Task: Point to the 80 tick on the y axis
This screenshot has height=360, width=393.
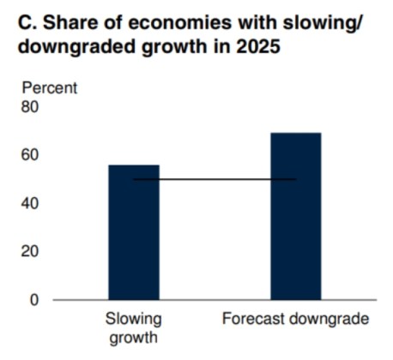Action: pyautogui.click(x=31, y=107)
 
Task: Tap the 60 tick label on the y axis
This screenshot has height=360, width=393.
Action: pyautogui.click(x=31, y=155)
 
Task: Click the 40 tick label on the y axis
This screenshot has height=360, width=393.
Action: pyautogui.click(x=31, y=204)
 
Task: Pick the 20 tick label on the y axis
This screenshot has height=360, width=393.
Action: pyautogui.click(x=31, y=252)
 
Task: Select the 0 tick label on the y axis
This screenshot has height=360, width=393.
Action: pyautogui.click(x=35, y=300)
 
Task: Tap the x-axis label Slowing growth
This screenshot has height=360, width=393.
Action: pyautogui.click(x=133, y=327)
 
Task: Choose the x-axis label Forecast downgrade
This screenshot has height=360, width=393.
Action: pyautogui.click(x=295, y=319)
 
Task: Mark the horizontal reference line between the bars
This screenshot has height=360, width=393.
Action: pyautogui.click(x=215, y=179)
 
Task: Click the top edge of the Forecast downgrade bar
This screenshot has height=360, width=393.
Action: pyautogui.click(x=295, y=134)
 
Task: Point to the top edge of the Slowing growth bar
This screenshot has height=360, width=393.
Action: pyautogui.click(x=133, y=165)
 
